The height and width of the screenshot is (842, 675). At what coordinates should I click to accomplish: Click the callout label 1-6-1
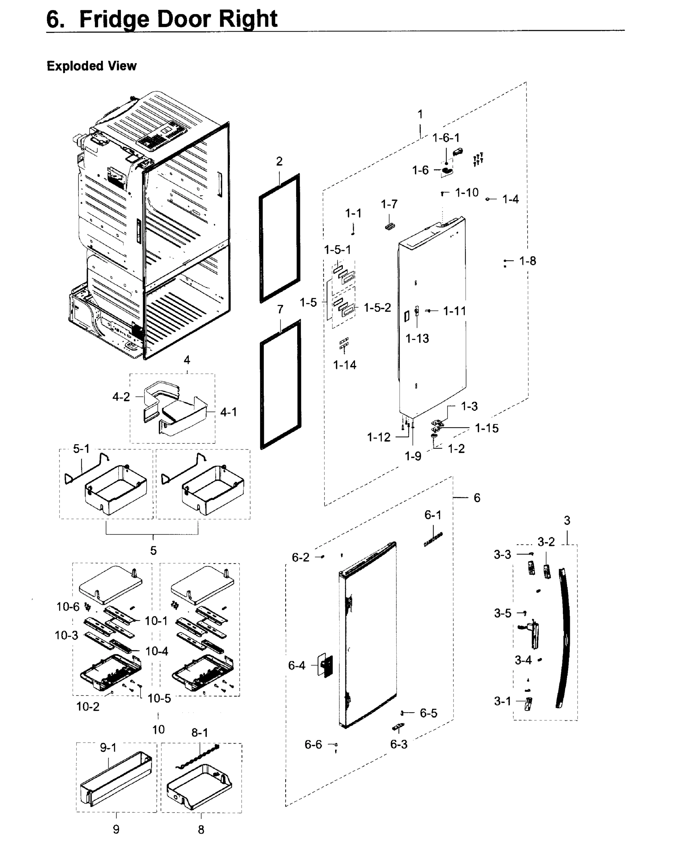[445, 138]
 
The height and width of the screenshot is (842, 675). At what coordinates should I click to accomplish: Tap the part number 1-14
[345, 365]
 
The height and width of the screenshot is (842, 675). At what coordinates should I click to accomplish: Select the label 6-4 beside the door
[296, 665]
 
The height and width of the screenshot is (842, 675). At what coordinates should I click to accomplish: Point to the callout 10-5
[159, 698]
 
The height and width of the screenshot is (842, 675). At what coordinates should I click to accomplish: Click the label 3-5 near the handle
[503, 613]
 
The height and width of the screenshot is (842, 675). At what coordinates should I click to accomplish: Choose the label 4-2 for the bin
[121, 397]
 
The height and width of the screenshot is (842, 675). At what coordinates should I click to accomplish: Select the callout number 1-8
[527, 261]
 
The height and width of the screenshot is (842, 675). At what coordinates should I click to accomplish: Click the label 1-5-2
[377, 308]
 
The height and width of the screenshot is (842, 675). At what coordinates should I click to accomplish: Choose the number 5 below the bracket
[154, 551]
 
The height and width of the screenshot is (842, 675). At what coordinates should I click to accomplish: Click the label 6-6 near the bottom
[313, 744]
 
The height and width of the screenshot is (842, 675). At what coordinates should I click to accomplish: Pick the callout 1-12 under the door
[379, 437]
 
